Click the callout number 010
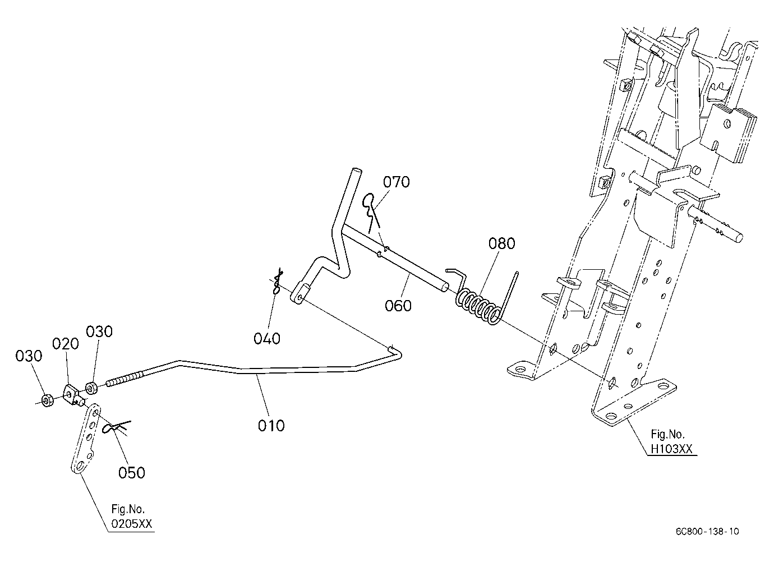[271, 426]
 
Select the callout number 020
[66, 344]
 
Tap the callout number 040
[267, 338]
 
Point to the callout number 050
[132, 473]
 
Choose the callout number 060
[398, 306]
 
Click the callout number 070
[397, 182]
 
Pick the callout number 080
[502, 243]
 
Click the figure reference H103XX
[671, 449]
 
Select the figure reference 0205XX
[131, 524]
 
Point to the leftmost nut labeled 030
[47, 400]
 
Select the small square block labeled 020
[73, 394]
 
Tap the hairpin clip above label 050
[117, 427]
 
